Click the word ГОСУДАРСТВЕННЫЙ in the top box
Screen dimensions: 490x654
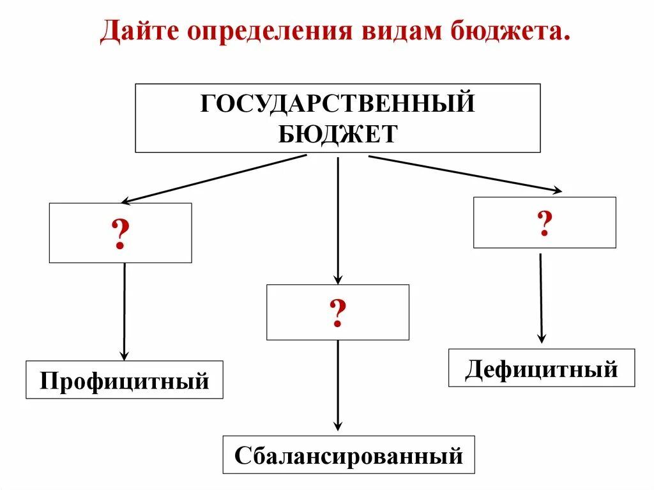tap(337, 103)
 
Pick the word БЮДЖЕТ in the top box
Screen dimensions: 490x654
tap(337, 134)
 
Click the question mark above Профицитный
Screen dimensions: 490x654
tap(120, 234)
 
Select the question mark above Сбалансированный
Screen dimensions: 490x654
tap(337, 313)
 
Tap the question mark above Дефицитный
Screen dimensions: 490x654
tap(544, 223)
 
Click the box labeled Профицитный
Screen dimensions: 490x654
tap(125, 380)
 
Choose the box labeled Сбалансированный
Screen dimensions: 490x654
tap(348, 455)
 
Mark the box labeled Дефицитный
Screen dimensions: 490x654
tap(542, 368)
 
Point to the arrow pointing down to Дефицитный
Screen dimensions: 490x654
tap(541, 297)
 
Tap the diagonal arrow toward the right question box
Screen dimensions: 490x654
tap(465, 173)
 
